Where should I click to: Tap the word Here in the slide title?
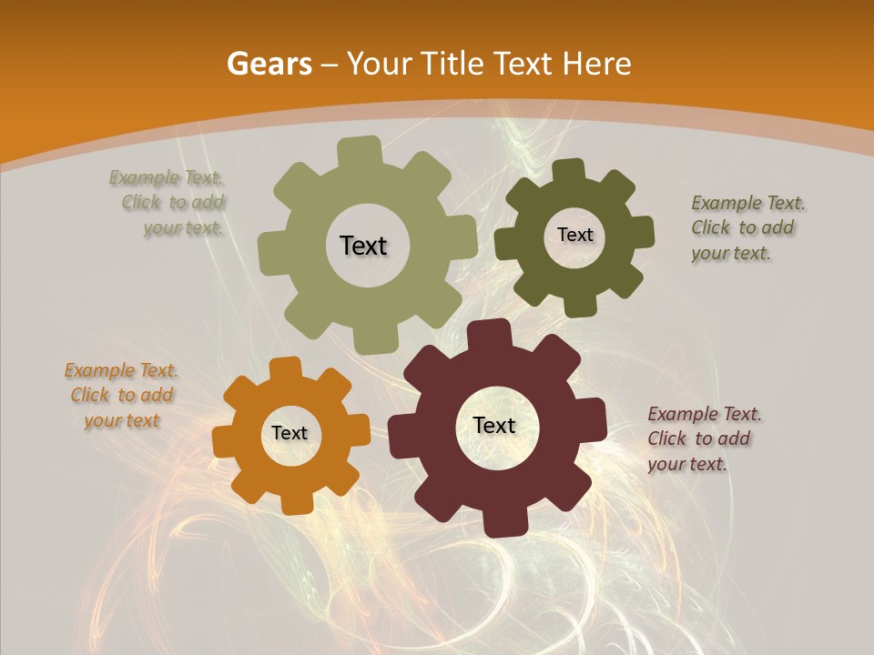click(x=596, y=64)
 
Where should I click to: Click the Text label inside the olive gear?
click(x=363, y=246)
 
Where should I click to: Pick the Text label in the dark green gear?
click(x=574, y=235)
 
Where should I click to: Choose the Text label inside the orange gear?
click(x=290, y=433)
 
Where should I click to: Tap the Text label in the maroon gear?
click(x=494, y=425)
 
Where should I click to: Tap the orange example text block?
click(x=121, y=395)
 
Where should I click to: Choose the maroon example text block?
click(x=703, y=438)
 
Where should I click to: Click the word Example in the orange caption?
click(x=97, y=370)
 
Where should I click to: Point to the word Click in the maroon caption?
click(x=666, y=438)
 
